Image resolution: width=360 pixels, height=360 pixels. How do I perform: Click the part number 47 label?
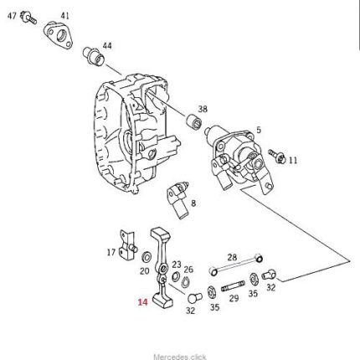tap(12, 16)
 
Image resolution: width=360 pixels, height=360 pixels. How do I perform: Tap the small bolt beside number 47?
tap(28, 18)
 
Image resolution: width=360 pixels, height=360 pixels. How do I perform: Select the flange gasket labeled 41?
tap(58, 36)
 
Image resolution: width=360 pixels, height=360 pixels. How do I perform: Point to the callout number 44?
tap(107, 45)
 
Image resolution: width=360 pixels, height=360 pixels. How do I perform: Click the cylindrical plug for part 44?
tap(94, 56)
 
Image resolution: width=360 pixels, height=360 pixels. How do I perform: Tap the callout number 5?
tap(259, 130)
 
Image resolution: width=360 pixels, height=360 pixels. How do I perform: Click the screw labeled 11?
tap(277, 157)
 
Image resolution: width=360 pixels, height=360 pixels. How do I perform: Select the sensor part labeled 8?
tap(178, 199)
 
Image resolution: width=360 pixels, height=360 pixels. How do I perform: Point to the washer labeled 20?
tap(147, 257)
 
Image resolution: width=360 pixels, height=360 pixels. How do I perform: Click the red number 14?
tap(142, 302)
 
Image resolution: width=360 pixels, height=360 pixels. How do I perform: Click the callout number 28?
tap(232, 257)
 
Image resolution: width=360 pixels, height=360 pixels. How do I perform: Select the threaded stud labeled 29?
tap(233, 287)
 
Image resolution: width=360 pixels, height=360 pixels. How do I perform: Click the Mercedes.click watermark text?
tap(180, 357)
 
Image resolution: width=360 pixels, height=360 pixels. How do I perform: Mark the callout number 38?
tap(203, 109)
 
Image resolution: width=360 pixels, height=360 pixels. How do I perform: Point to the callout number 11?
tap(293, 161)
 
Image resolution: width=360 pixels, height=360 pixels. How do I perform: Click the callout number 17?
tap(111, 253)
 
